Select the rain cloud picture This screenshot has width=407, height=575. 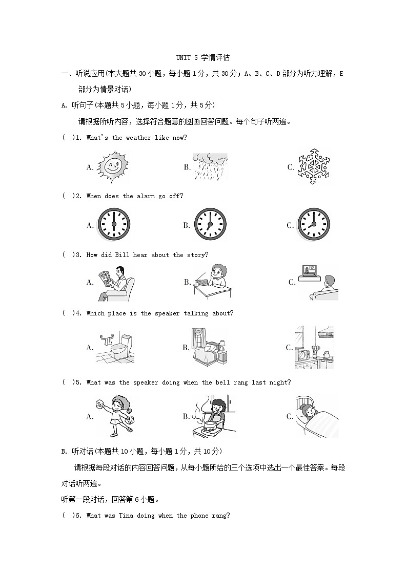pos(210,166)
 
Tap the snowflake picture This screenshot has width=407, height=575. pos(313,166)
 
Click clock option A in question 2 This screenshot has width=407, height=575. pos(113,224)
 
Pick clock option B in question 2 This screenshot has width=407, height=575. pos(210,224)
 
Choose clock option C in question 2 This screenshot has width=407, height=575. pos(314,224)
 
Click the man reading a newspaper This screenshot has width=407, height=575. pos(116,283)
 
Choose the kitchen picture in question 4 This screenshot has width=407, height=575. pos(314,348)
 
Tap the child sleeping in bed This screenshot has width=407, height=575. pos(316,416)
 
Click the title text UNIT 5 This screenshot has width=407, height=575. pos(187,58)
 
